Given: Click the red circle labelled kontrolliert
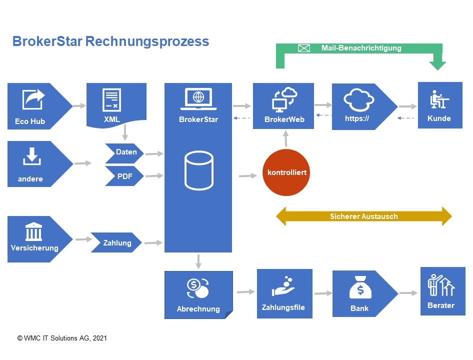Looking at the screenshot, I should click(287, 172).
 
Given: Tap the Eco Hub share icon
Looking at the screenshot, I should click(33, 99).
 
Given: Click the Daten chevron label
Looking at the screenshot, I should click(125, 152).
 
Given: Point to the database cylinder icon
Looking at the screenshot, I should click(198, 171).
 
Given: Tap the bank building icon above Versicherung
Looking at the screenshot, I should click(33, 232).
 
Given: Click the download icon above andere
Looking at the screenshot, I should click(31, 157).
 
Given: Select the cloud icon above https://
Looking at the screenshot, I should click(358, 100).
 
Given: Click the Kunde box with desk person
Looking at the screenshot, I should click(439, 105).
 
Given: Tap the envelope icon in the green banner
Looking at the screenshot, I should click(304, 48).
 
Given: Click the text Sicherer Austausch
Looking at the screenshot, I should click(363, 216).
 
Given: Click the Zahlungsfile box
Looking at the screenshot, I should click(284, 293).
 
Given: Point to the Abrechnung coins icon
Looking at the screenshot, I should click(198, 287).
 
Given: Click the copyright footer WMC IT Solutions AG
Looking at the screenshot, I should click(62, 338).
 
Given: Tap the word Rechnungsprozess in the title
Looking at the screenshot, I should click(147, 41).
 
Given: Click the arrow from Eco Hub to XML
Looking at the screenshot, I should click(79, 105).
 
